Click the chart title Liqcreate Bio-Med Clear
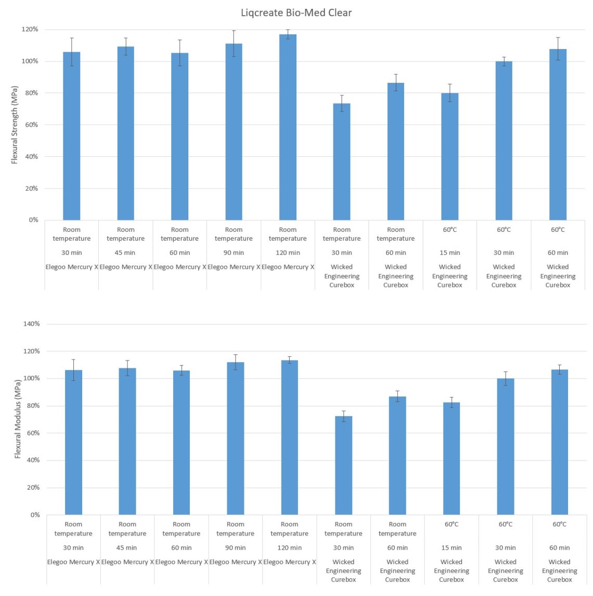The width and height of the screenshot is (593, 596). click(296, 13)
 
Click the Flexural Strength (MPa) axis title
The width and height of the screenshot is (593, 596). click(15, 125)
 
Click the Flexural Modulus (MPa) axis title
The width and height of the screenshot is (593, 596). click(18, 419)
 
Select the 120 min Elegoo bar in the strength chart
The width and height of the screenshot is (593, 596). click(288, 128)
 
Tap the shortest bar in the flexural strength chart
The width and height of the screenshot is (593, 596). click(342, 162)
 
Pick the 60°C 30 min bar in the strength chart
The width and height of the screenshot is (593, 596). click(504, 141)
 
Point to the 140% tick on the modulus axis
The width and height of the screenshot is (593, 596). click(32, 324)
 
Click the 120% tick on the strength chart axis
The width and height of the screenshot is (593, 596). click(30, 30)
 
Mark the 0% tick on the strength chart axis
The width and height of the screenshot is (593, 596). click(33, 220)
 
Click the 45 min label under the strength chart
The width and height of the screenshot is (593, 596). click(125, 253)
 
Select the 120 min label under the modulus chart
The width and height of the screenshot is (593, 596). click(289, 548)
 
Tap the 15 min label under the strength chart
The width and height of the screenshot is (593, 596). click(450, 253)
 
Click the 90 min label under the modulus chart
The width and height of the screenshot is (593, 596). click(236, 548)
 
